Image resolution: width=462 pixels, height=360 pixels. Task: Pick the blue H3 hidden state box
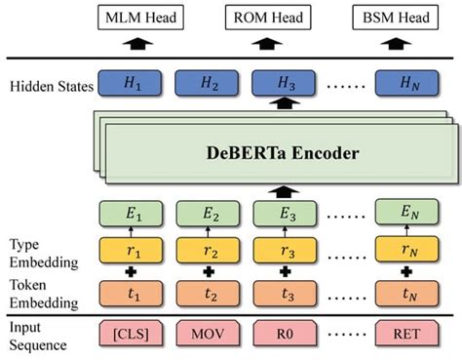click(284, 87)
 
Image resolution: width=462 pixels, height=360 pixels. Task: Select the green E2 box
click(208, 213)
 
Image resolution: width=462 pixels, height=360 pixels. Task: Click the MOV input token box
click(208, 333)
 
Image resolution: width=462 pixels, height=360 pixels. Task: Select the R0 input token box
click(284, 333)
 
